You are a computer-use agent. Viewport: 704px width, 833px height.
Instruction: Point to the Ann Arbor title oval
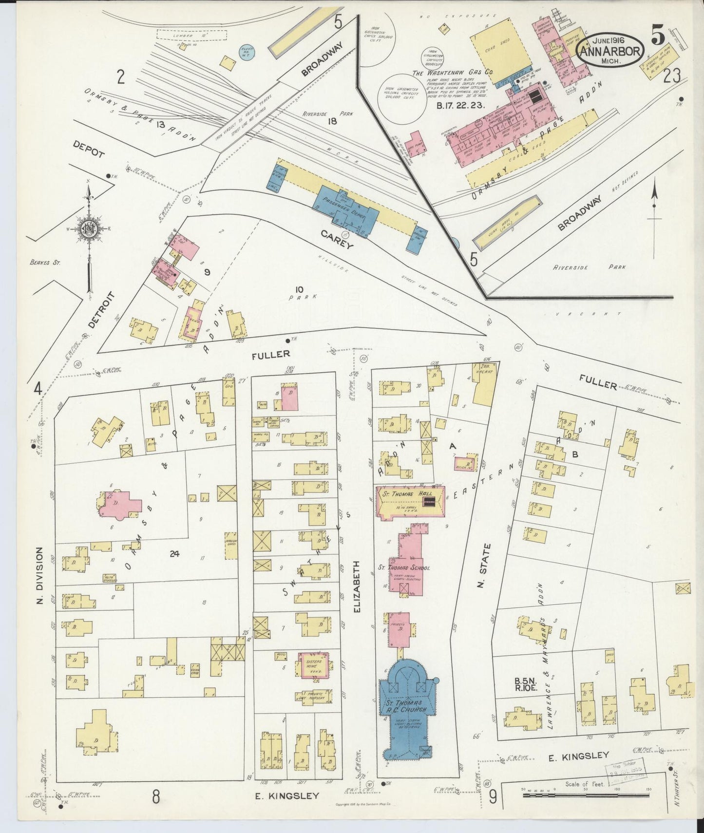(x=610, y=50)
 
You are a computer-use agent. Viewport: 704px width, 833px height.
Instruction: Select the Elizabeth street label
(x=357, y=587)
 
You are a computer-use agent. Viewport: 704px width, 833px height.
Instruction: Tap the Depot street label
(x=89, y=149)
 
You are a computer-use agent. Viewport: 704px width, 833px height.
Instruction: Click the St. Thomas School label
(x=404, y=568)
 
